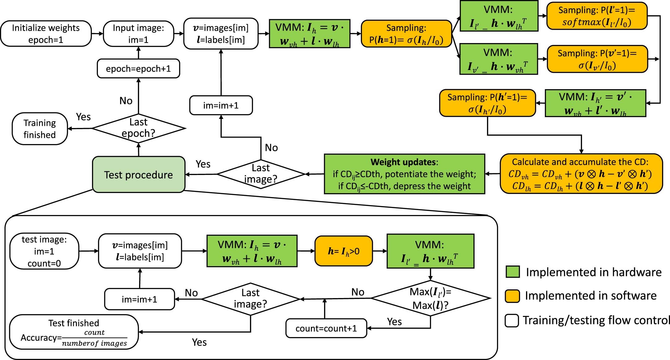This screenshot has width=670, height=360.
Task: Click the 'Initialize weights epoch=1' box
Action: [46, 34]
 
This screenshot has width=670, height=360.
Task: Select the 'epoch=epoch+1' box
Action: [138, 68]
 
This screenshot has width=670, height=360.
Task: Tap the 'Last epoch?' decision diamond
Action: [138, 128]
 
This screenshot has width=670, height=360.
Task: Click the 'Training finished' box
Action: [40, 129]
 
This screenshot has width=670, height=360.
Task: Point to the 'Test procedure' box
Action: [138, 175]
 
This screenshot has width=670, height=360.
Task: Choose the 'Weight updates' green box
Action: [404, 174]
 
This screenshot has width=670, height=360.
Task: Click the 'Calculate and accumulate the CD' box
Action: [581, 174]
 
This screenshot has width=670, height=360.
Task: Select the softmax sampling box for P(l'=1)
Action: [597, 16]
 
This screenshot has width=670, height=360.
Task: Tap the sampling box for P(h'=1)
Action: [487, 103]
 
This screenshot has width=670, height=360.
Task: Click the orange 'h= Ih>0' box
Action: [344, 251]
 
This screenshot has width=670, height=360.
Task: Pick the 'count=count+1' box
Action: [326, 328]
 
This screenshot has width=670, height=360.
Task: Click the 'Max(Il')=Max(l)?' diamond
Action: [430, 298]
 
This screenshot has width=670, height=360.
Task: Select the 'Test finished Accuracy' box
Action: [74, 332]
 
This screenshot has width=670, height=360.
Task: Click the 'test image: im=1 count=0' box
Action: [44, 251]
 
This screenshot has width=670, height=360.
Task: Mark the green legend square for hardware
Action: [512, 272]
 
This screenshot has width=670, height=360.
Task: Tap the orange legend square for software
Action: [512, 296]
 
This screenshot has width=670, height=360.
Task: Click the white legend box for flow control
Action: [512, 320]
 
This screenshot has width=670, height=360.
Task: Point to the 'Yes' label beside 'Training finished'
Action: [83, 117]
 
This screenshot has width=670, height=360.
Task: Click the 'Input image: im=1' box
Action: [138, 34]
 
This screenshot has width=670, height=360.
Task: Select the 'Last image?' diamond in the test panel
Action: [250, 299]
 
